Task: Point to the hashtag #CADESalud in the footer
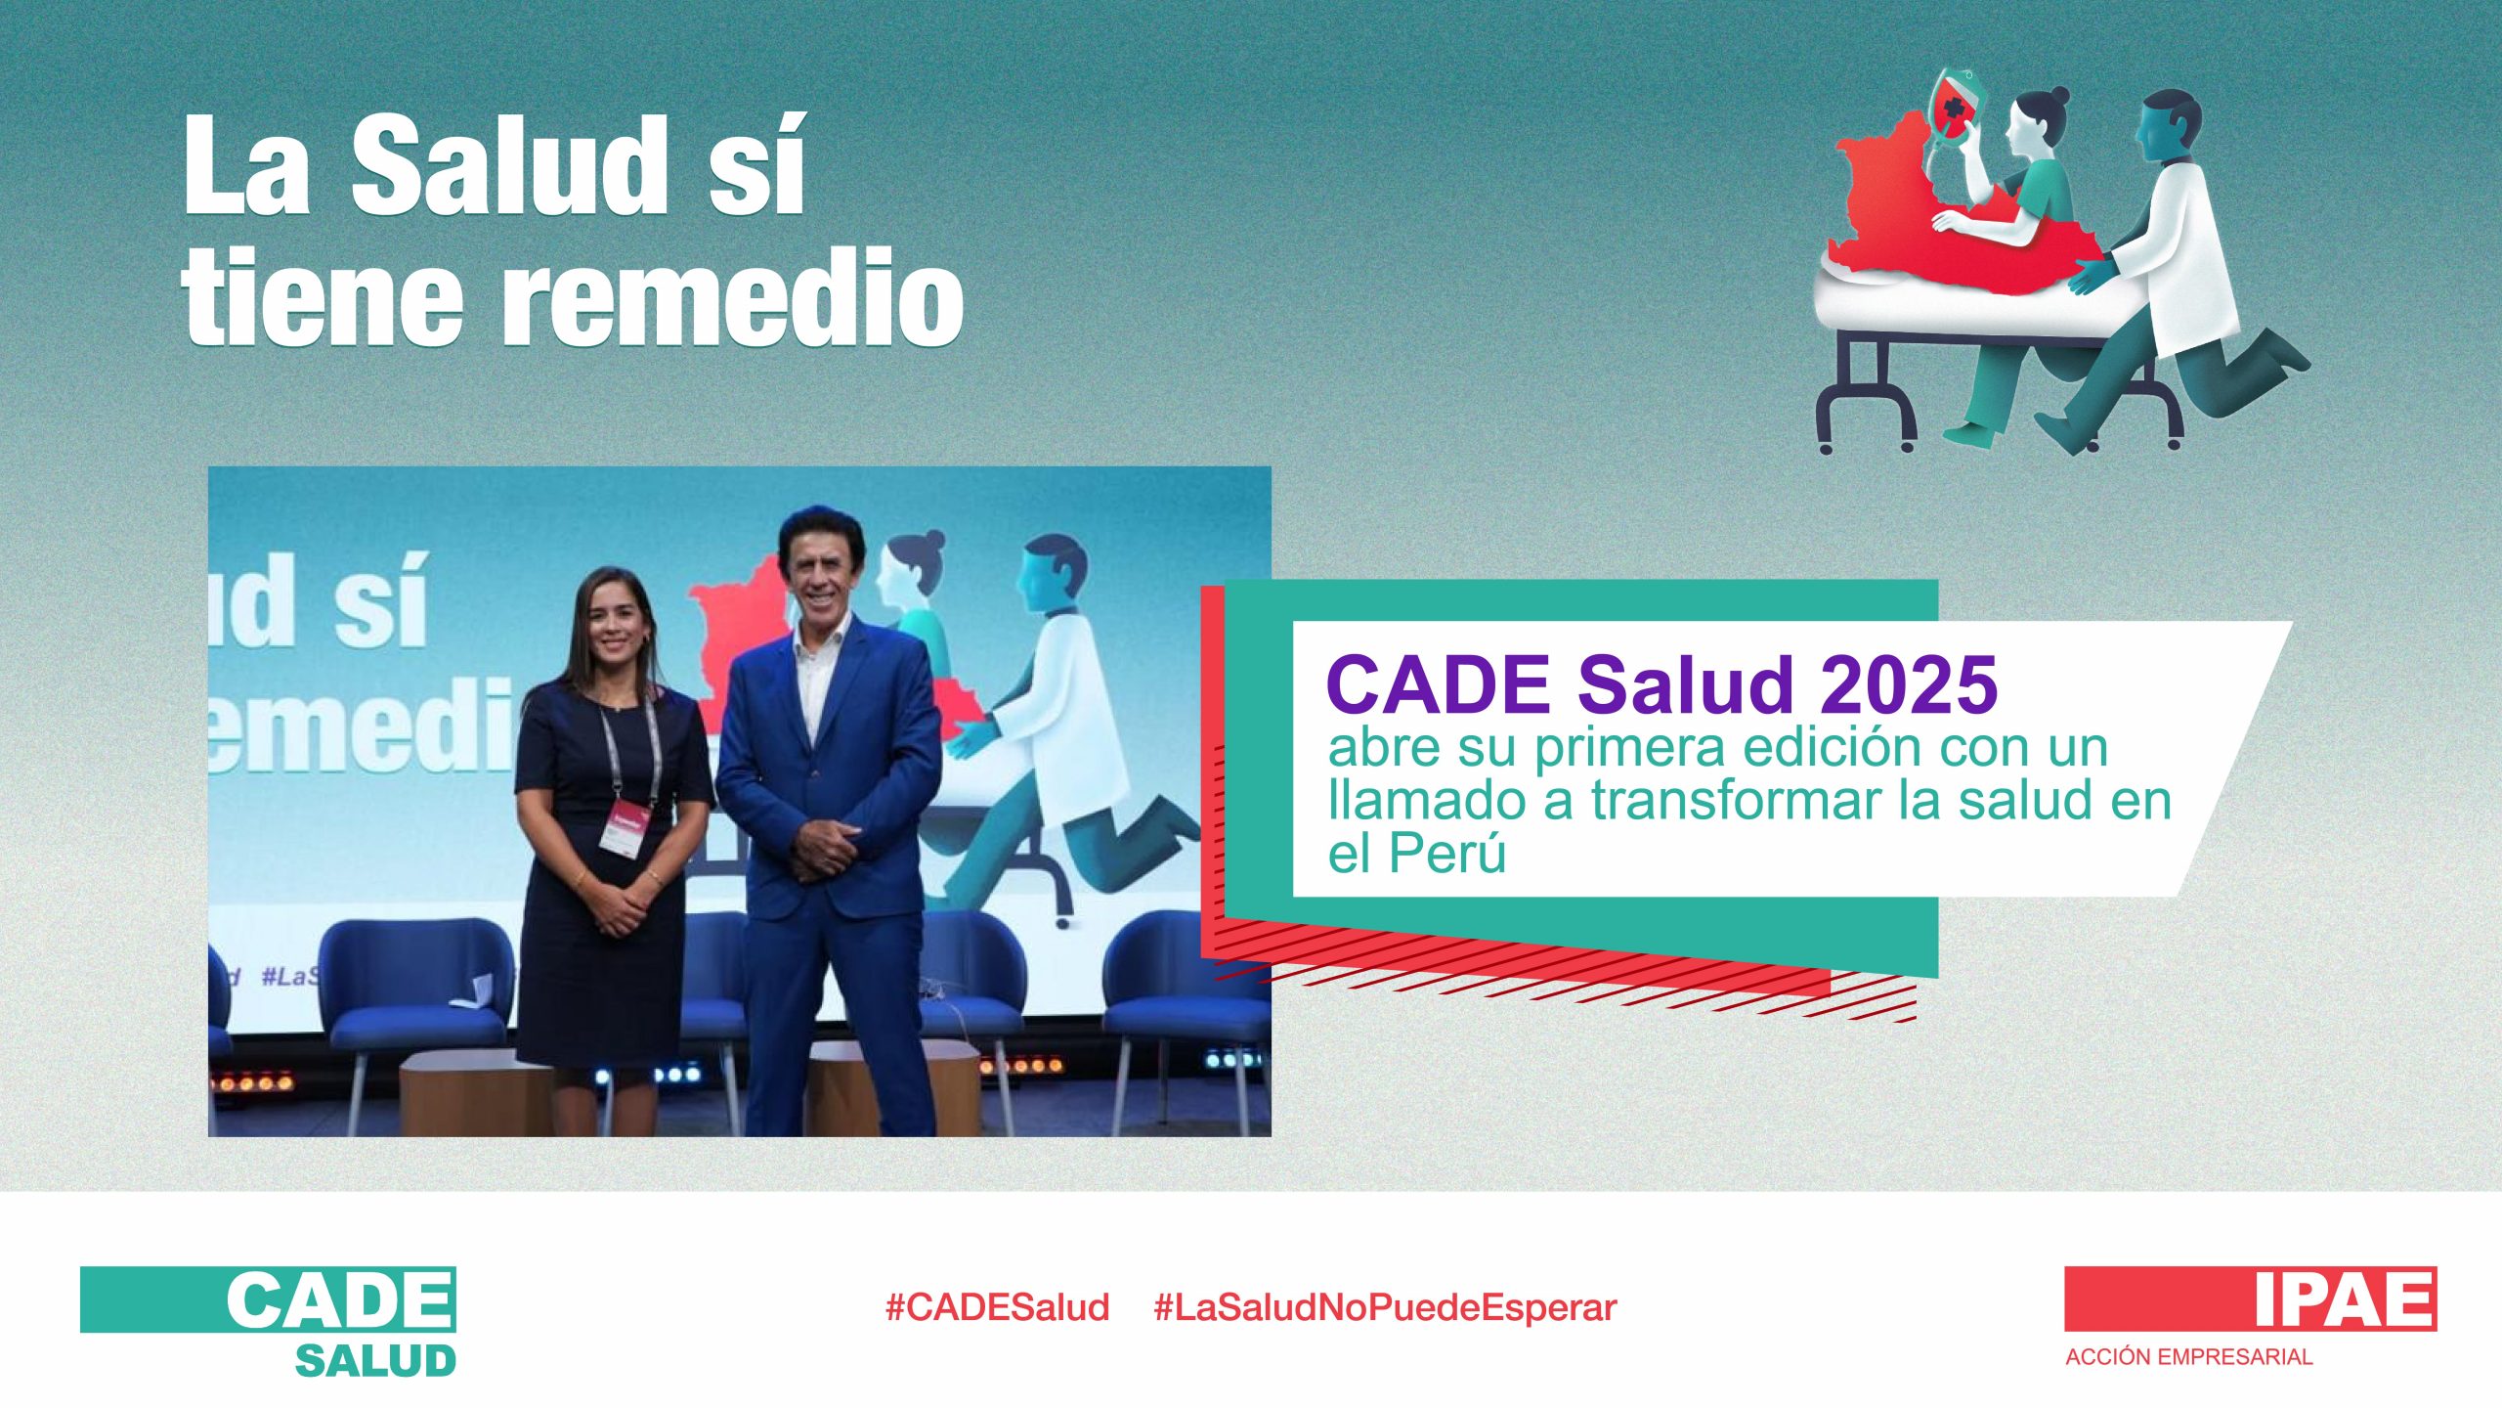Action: pos(997,1307)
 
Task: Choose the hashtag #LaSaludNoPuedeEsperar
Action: pos(1385,1307)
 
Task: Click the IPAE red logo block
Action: pos(2250,1298)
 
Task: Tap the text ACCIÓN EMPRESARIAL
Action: pos(2188,1357)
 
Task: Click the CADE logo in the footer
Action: pos(268,1299)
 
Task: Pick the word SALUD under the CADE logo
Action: pos(376,1360)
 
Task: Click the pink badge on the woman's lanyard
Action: pos(625,829)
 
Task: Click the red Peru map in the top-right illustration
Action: pos(1945,230)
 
